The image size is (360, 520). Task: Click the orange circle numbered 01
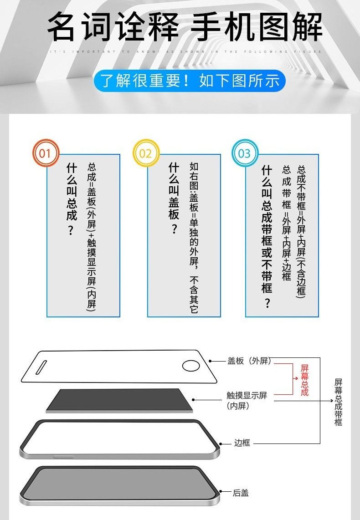45,153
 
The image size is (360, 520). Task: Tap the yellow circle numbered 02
145,153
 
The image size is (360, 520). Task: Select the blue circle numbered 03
245,153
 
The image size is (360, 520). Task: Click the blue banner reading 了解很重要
190,81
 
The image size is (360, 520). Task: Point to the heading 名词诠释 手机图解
185,27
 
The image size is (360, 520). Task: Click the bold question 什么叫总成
71,199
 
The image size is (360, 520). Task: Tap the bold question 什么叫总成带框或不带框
267,237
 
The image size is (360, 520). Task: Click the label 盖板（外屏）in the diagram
249,361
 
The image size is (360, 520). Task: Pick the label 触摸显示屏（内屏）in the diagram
247,400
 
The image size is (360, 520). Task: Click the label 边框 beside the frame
242,443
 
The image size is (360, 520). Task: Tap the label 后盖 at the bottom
241,493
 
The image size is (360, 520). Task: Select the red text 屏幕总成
304,380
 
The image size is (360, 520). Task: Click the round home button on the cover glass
190,366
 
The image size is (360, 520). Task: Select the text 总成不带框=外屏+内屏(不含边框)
301,232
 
